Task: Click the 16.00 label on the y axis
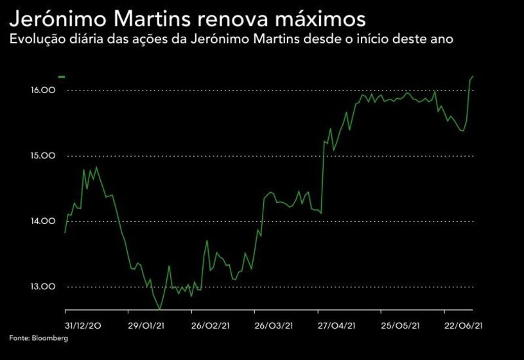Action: (44, 90)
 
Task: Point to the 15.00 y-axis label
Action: (44, 156)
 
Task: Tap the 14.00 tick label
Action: (44, 221)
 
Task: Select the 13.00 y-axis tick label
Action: (44, 287)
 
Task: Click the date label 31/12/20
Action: (83, 325)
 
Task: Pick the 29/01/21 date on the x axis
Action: (146, 325)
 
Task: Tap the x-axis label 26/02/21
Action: (211, 325)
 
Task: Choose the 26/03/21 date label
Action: (274, 325)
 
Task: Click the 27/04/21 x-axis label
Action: (337, 325)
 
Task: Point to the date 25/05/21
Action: (401, 325)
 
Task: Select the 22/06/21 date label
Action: (464, 325)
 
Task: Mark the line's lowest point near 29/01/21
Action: (159, 309)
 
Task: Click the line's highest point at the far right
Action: (473, 76)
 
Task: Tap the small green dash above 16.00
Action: (62, 77)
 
